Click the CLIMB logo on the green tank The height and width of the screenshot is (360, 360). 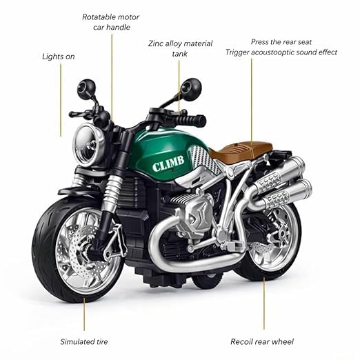168,163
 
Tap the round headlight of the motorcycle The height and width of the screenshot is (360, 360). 89,145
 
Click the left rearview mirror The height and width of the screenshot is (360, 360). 86,89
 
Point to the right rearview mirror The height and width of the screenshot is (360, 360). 191,89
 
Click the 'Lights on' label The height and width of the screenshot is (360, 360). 59,57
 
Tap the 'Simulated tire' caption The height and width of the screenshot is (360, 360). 84,341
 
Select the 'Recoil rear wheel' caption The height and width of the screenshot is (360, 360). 262,341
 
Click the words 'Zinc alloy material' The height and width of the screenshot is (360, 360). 180,43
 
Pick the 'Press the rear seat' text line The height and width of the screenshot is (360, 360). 281,42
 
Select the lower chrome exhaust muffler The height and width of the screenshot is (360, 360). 288,192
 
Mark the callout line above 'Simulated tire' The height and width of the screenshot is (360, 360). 84,314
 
